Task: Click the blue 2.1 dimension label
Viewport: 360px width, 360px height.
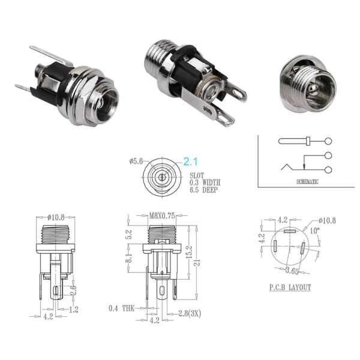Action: coord(191,161)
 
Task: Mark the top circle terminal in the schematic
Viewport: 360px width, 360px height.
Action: coord(327,142)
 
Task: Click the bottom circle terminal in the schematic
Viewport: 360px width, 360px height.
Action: coord(327,170)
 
